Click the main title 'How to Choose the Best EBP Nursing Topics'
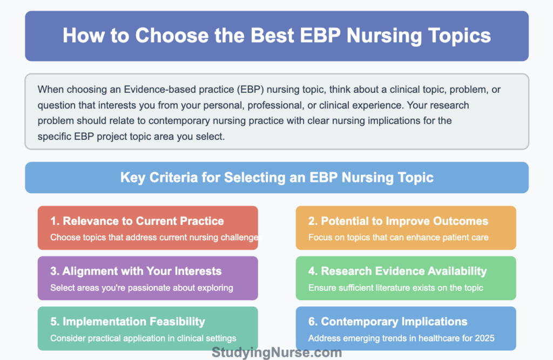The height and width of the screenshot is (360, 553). point(276,36)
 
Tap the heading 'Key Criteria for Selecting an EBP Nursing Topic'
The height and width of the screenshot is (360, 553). point(276,178)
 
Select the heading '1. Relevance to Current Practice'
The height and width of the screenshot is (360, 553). point(137,221)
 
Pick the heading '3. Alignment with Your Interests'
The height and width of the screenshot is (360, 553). point(136,271)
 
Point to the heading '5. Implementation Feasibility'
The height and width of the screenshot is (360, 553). point(127,322)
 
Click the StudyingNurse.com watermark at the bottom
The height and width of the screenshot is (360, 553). point(277,352)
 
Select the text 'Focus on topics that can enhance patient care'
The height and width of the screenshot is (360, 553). point(399,237)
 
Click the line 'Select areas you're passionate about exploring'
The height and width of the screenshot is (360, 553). point(141,288)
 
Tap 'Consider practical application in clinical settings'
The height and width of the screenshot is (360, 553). point(143,338)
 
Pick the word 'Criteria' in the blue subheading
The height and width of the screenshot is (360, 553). point(163,178)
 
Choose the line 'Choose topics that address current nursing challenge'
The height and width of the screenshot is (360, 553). point(153,237)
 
